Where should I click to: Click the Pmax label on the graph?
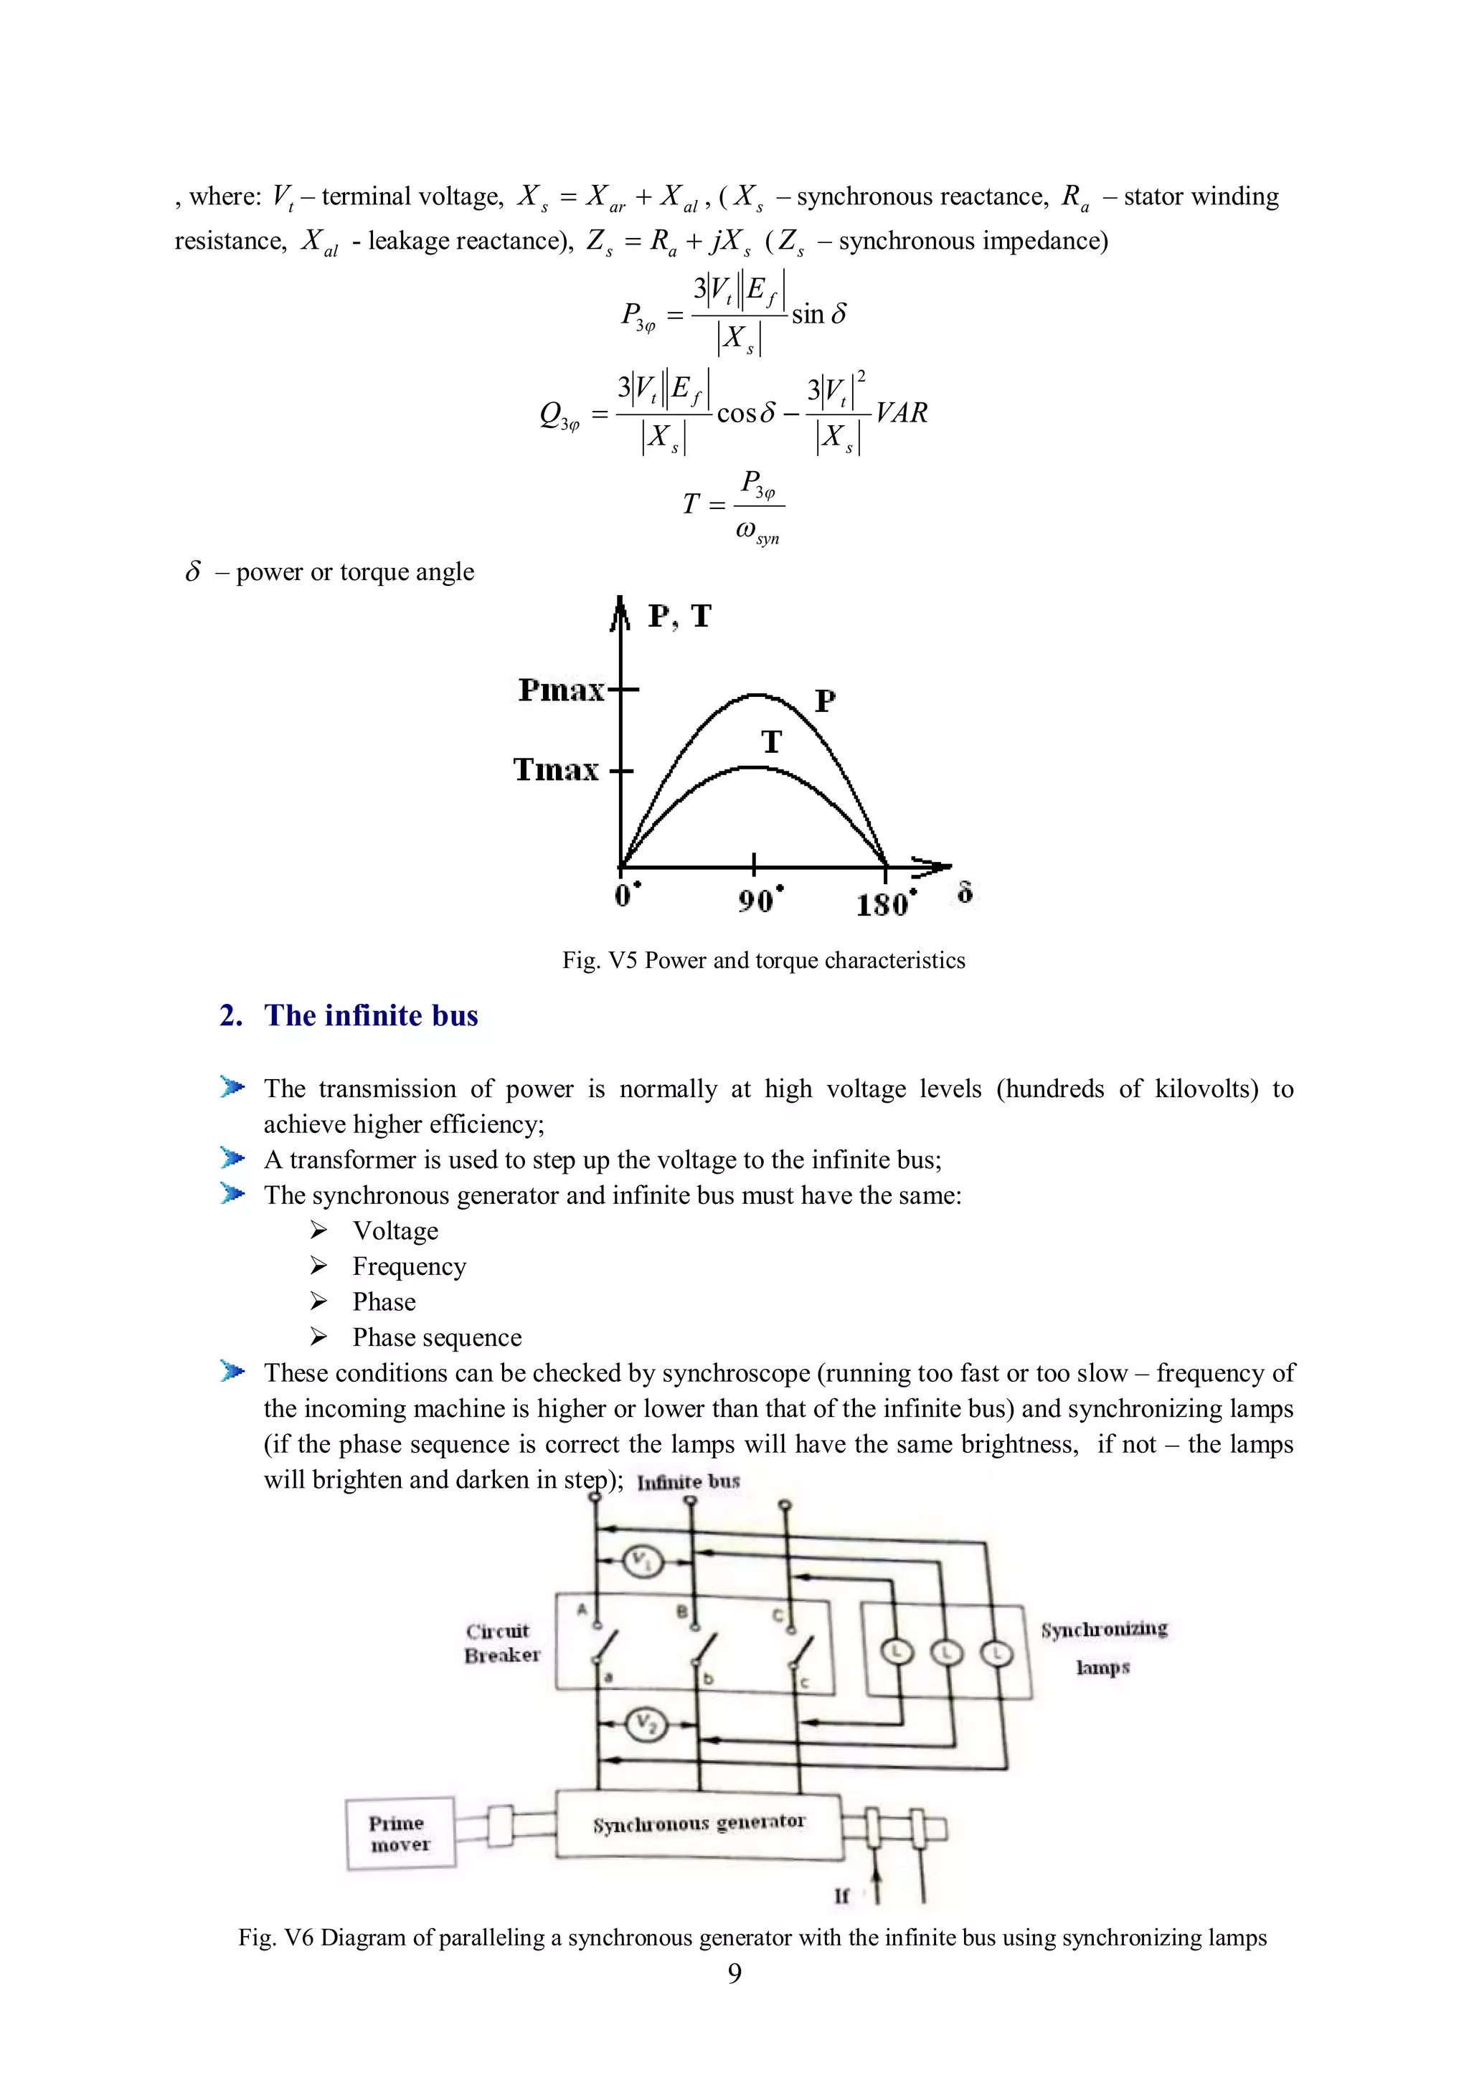click(561, 691)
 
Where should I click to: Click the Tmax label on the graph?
click(557, 770)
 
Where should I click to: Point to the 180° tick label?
click(886, 903)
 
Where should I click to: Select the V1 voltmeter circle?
click(643, 1560)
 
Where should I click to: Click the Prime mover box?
click(400, 1833)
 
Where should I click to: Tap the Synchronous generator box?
click(699, 1823)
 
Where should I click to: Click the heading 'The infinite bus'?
click(370, 1015)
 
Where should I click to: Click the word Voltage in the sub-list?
click(395, 1231)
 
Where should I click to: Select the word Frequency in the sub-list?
click(409, 1266)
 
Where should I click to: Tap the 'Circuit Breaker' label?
click(501, 1643)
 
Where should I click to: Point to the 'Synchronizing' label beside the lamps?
click(1103, 1630)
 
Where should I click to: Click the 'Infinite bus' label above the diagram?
click(688, 1481)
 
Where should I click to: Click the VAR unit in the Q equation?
click(902, 413)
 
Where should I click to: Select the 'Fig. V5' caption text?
click(763, 960)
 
